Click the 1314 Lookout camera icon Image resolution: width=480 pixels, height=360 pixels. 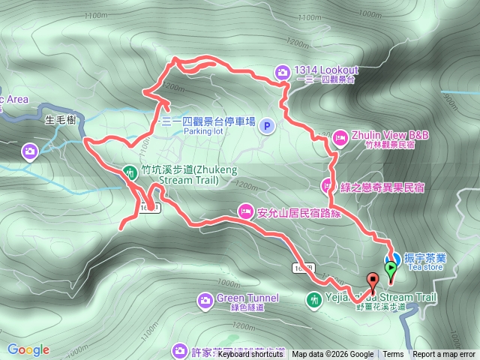[x=282, y=72]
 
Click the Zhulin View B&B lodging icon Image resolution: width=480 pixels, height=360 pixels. [x=339, y=137]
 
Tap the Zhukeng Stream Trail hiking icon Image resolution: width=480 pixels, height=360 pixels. [x=130, y=172]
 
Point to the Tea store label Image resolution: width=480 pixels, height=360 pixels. [x=425, y=267]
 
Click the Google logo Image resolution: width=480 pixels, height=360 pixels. [x=28, y=349]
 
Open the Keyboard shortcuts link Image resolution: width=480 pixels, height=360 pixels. [x=250, y=355]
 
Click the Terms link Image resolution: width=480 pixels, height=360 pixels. [x=393, y=355]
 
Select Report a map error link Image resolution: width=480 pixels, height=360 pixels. [x=444, y=355]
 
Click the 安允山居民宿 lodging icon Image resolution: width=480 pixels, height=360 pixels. [x=245, y=211]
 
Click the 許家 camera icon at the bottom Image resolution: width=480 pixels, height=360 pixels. [x=178, y=350]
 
